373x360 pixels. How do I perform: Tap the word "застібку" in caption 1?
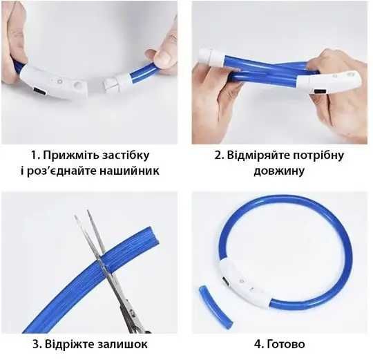point(126,155)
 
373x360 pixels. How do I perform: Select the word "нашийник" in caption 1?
point(129,171)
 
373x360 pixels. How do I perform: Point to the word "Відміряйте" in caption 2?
point(258,155)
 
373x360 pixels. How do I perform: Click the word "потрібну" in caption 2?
point(318,155)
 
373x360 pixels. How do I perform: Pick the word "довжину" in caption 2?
point(279,171)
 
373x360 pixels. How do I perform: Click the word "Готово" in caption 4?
point(286,344)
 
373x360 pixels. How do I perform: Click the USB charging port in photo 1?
point(40,91)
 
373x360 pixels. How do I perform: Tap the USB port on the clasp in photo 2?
point(321,92)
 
